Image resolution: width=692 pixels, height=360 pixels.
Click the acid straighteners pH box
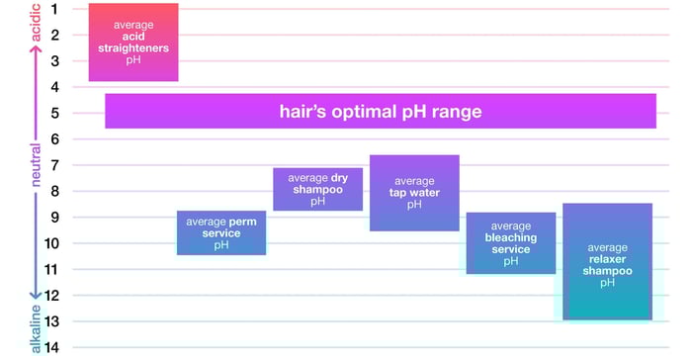pos(133,42)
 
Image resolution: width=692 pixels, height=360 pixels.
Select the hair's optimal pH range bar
pos(381,111)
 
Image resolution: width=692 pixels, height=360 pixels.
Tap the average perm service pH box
pos(221,232)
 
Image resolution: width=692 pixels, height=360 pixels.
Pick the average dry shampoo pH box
pos(317,189)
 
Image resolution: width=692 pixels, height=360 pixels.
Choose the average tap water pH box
pos(414,193)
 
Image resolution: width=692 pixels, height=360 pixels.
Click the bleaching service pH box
pos(511,242)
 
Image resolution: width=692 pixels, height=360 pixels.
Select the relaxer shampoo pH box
pos(607,261)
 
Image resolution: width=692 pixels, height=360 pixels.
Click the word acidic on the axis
pos(36,23)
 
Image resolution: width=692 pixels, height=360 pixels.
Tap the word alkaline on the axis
pos(36,329)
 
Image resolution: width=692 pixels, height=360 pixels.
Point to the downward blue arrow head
pos(36,294)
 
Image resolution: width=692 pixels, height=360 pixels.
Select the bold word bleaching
pos(511,238)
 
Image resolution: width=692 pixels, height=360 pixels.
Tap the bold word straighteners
pos(133,47)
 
